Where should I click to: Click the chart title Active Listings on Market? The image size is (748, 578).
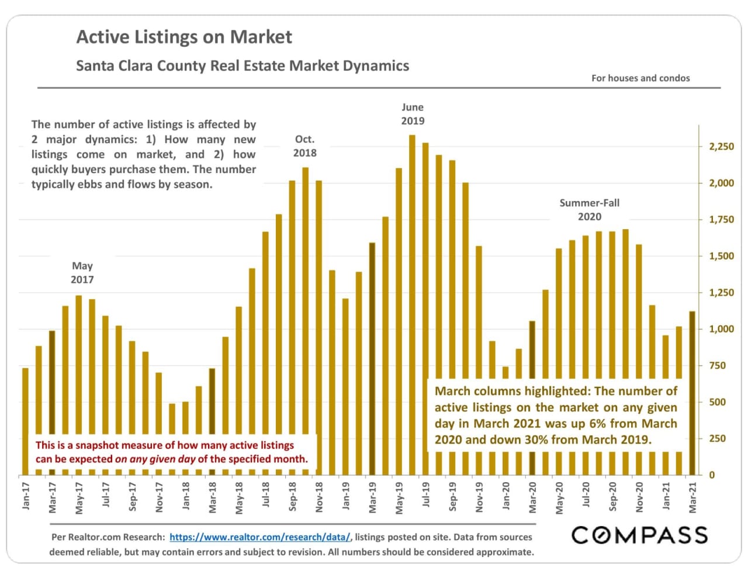[x=184, y=37]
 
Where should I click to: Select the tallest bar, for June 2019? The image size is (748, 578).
[x=412, y=304]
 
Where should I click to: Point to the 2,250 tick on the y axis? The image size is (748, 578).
[x=721, y=147]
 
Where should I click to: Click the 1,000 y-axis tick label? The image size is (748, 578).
[x=721, y=329]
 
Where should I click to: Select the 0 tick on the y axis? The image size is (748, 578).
[x=712, y=475]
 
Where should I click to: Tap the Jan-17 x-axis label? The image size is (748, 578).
[x=26, y=496]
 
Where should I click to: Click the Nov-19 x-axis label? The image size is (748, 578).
[x=479, y=497]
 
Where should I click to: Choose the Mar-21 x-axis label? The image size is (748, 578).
[x=692, y=497]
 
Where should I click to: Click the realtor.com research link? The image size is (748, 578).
[x=260, y=537]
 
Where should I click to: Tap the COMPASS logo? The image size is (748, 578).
[x=639, y=535]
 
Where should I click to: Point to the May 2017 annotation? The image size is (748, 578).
[x=82, y=272]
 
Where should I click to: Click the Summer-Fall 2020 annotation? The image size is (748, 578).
[x=589, y=210]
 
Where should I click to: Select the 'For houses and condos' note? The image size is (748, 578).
[x=640, y=78]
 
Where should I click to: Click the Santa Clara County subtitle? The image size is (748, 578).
[x=243, y=65]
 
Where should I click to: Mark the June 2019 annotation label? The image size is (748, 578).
[x=413, y=114]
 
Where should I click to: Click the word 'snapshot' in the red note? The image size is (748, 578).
[x=101, y=445]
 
